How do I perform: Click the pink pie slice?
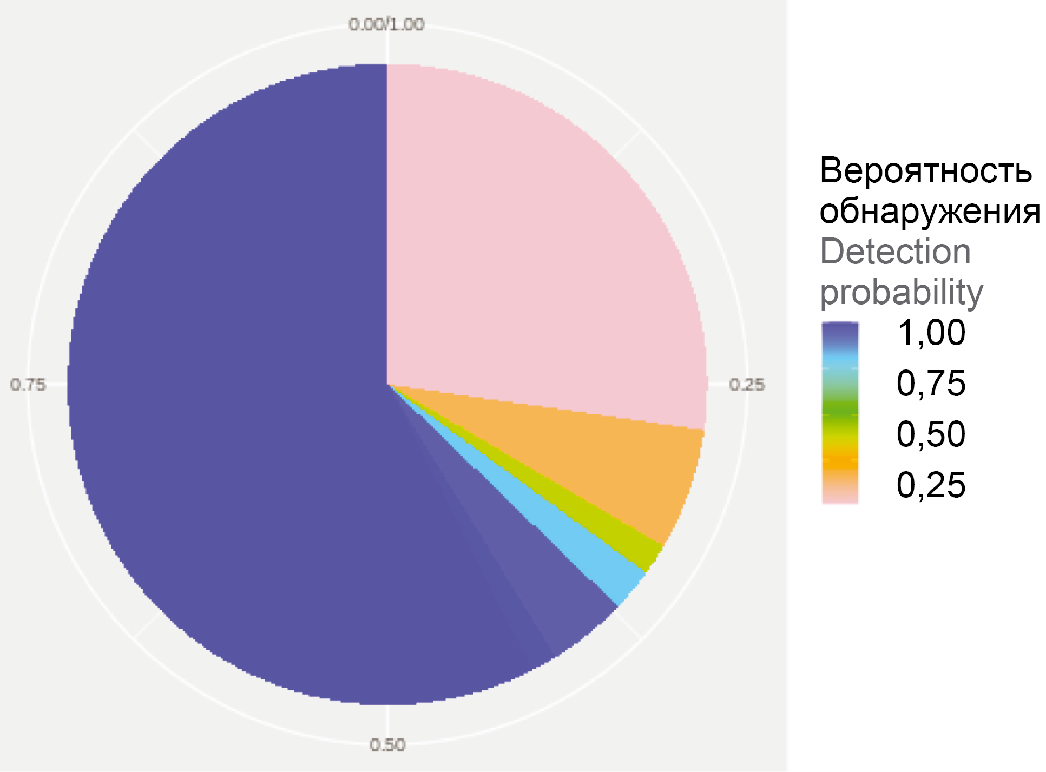coord(530,243)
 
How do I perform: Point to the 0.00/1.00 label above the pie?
coord(386,24)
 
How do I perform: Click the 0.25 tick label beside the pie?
coord(747,385)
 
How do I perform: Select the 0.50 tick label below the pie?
coord(387,745)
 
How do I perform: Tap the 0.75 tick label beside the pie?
coord(28,385)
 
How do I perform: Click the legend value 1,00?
coord(931,332)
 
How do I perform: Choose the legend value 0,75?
coord(931,384)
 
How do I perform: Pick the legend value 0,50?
coord(931,434)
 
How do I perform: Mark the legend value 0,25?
coord(931,485)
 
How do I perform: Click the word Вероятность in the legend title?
coord(925,170)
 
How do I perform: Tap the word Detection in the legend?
coord(896,252)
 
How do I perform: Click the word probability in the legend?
coord(901,292)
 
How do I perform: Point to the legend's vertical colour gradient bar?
coord(840,413)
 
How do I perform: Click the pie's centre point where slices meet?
coord(387,385)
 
